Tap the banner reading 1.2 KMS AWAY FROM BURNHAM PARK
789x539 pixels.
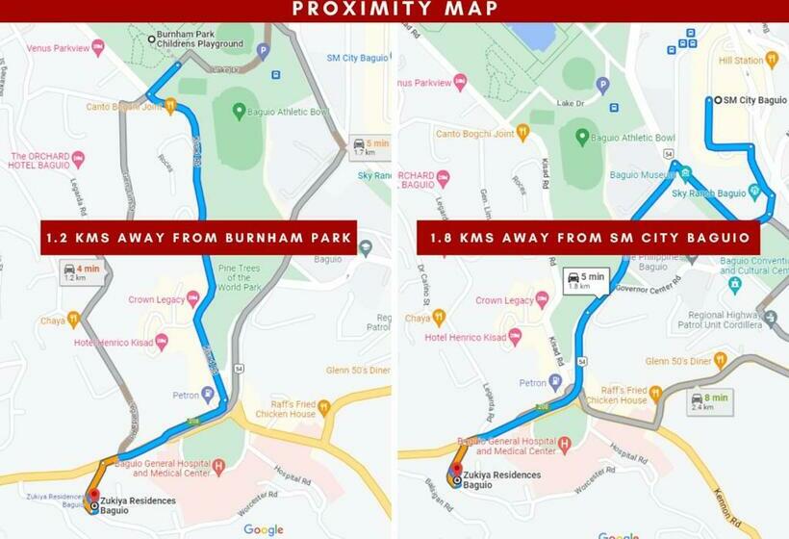pos(198,238)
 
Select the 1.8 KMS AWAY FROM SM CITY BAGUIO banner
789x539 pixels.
pos(588,238)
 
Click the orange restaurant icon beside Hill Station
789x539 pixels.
pos(771,60)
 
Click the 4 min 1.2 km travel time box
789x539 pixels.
pos(81,272)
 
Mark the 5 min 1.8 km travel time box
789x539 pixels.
pos(585,281)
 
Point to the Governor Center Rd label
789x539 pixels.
pos(647,286)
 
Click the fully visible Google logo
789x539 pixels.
pos(263,528)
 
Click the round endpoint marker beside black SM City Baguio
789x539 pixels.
pos(717,100)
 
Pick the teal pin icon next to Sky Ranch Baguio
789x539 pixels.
pos(684,174)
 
